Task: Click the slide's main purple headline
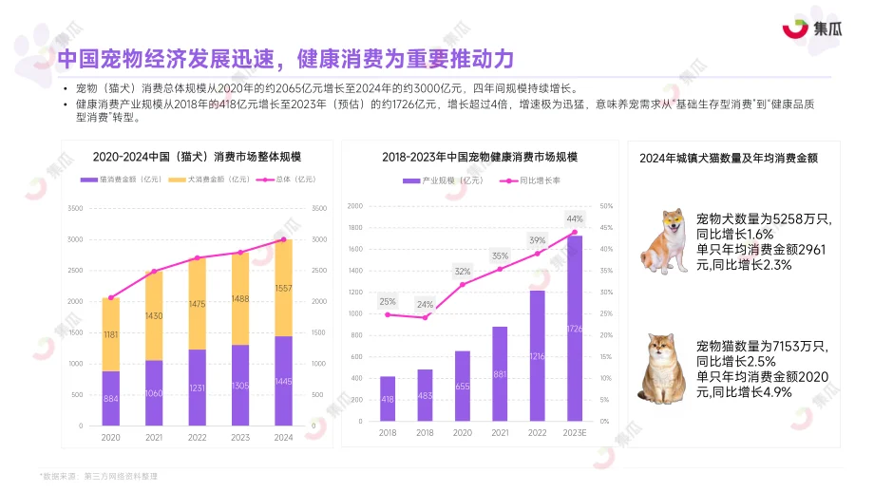[x=285, y=59]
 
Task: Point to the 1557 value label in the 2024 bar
[x=283, y=289]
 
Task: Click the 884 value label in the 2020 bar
[x=111, y=399]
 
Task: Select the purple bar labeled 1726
[x=574, y=328]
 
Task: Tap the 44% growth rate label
[x=574, y=218]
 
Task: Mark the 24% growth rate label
[x=425, y=305]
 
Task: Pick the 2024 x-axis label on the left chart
[x=283, y=437]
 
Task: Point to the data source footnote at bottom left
[x=98, y=475]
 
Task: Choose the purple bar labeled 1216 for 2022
[x=537, y=355]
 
